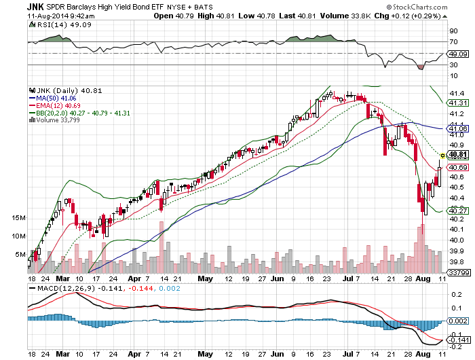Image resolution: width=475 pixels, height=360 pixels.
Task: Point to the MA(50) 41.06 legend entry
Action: [58, 97]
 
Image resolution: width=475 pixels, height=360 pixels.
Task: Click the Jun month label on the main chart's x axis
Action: [277, 278]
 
